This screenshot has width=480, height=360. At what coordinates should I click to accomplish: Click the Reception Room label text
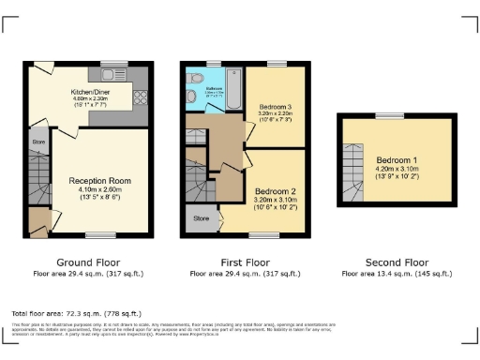(x=98, y=180)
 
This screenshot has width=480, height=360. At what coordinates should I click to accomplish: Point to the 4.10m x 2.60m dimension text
(x=98, y=189)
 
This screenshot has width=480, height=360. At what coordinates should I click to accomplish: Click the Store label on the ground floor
(x=37, y=143)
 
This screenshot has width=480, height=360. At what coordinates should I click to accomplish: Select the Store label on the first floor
(x=201, y=219)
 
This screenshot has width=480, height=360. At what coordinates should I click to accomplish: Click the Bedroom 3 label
(x=277, y=107)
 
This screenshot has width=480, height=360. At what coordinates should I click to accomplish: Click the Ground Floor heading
(x=85, y=264)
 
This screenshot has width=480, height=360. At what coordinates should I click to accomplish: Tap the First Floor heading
(x=245, y=264)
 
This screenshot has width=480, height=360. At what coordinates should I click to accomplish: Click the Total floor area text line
(x=76, y=312)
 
